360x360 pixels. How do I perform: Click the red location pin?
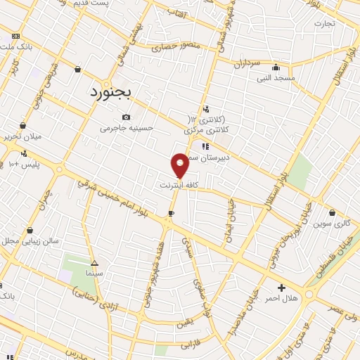(180, 165)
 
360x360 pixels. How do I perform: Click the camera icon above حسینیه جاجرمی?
(127, 117)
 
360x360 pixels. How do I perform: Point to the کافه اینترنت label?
(179, 185)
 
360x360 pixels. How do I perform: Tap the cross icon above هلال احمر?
(281, 288)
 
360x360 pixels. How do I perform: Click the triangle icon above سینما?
(94, 262)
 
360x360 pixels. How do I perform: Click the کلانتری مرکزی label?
(208, 130)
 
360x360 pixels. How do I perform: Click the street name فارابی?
(191, 345)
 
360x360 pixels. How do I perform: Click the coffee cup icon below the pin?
(171, 212)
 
